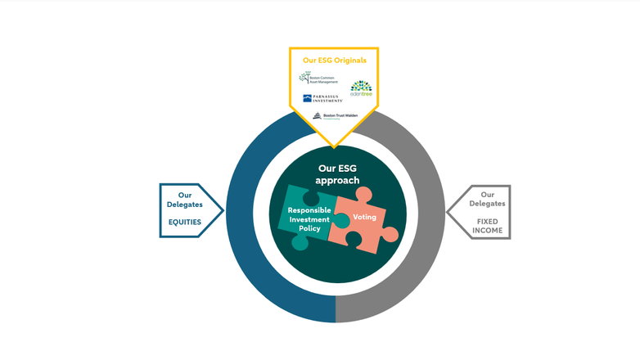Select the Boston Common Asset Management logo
[x=318, y=79]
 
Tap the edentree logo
[x=361, y=88]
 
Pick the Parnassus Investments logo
[x=322, y=98]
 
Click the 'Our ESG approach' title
[x=338, y=174]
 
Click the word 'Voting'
[x=364, y=217]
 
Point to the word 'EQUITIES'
[x=185, y=221]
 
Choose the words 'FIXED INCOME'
[x=487, y=226]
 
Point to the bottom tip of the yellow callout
[x=334, y=146]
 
